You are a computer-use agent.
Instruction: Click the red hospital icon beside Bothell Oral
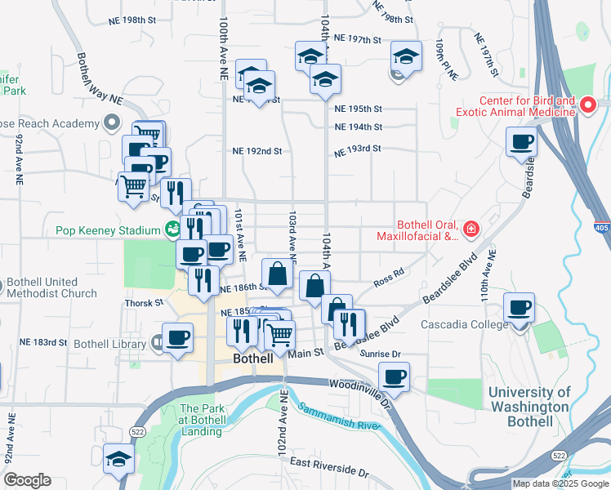[471, 230]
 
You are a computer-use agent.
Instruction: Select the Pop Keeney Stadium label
[108, 230]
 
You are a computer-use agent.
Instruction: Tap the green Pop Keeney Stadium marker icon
[172, 229]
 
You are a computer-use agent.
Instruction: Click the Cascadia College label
[461, 324]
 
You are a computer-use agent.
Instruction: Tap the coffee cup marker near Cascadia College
[519, 309]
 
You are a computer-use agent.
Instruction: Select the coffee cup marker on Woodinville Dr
[394, 377]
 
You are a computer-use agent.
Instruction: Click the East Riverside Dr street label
[329, 469]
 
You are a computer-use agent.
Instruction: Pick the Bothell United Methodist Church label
[51, 287]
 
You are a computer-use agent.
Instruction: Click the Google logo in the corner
[27, 480]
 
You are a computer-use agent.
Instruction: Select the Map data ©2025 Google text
[560, 483]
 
